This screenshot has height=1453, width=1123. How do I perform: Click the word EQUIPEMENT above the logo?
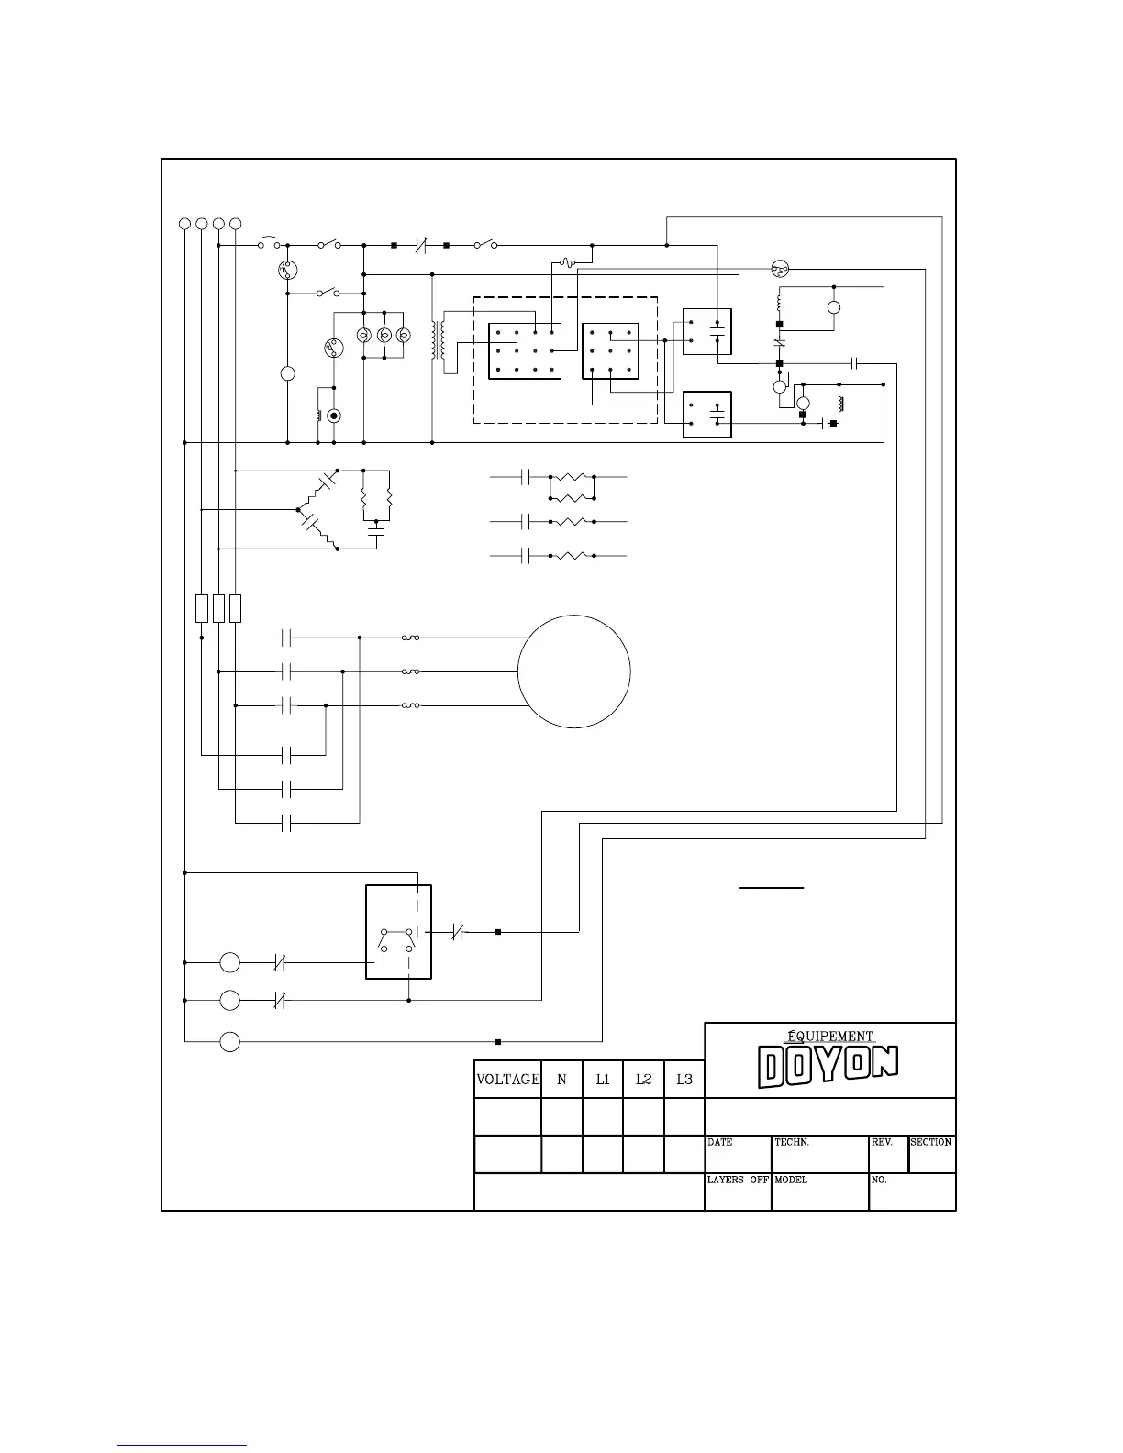click(x=830, y=1036)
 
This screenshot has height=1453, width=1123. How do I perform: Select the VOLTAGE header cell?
click(x=507, y=1080)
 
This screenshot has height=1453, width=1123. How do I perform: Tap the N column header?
click(x=561, y=1080)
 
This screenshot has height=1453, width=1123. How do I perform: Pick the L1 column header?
click(x=603, y=1080)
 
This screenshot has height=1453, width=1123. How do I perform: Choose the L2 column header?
click(x=643, y=1080)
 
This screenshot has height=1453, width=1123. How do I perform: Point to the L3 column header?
click(x=684, y=1080)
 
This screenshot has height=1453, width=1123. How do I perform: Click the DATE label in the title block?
click(x=719, y=1142)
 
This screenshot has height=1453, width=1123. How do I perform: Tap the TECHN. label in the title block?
click(x=792, y=1142)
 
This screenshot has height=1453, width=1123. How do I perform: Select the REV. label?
click(x=882, y=1142)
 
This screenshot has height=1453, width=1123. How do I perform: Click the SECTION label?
click(x=930, y=1142)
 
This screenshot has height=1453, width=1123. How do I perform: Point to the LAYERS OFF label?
click(x=738, y=1180)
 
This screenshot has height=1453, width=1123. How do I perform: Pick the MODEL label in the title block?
click(x=791, y=1180)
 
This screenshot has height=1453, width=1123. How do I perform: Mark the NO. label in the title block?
click(x=878, y=1180)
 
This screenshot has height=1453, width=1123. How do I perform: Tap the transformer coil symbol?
click(x=439, y=340)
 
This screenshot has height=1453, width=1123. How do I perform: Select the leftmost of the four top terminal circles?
click(x=184, y=223)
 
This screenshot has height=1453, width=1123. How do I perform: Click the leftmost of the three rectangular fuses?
click(x=201, y=608)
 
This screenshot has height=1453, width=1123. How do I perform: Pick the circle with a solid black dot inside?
click(x=334, y=416)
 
